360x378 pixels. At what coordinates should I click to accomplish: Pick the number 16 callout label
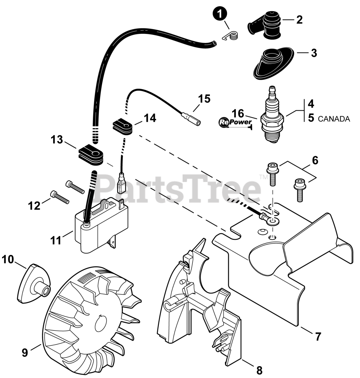point(238,113)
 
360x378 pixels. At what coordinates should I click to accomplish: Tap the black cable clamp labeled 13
point(91,154)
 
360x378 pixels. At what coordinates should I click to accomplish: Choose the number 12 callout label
point(34,205)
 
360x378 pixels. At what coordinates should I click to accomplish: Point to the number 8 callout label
point(259,370)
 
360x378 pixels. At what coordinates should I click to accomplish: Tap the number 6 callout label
point(315,161)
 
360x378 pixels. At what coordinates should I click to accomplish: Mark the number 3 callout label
point(314,53)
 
